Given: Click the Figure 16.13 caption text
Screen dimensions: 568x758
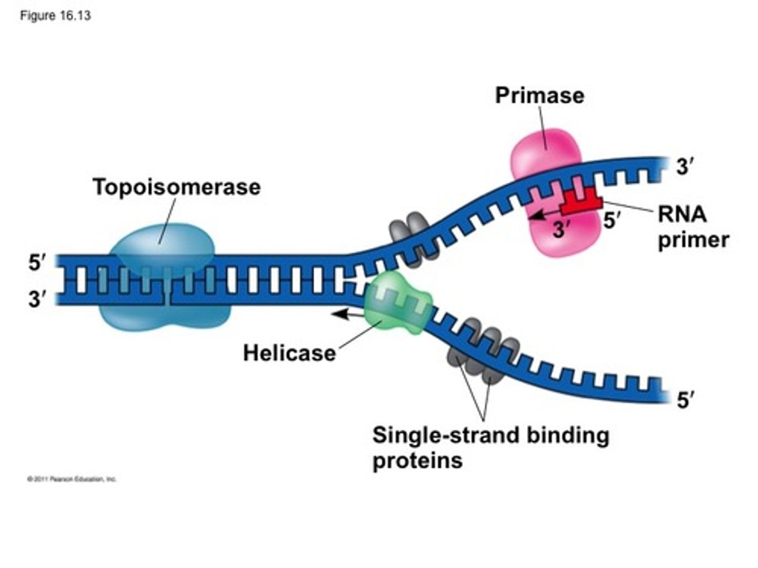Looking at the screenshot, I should [x=55, y=16].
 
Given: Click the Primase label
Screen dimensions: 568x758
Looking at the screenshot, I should [x=540, y=96].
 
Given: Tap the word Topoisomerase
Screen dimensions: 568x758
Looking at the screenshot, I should [x=176, y=187].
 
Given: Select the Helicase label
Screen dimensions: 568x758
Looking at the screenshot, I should [x=289, y=353].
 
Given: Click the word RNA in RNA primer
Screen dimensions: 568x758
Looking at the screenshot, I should [x=682, y=215].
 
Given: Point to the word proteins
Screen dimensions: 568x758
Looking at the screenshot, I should [x=417, y=461].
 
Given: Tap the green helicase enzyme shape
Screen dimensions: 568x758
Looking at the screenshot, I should [x=398, y=304].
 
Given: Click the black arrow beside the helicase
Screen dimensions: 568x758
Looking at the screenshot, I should [x=347, y=314].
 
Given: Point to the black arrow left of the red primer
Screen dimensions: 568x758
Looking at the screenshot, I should [x=544, y=214].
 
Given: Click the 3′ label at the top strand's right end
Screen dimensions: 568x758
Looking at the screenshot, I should [x=684, y=167].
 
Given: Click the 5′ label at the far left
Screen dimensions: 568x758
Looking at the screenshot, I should [x=37, y=263].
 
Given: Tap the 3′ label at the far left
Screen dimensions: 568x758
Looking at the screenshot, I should [x=37, y=300].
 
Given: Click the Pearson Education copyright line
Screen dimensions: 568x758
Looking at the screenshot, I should [x=72, y=479].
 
